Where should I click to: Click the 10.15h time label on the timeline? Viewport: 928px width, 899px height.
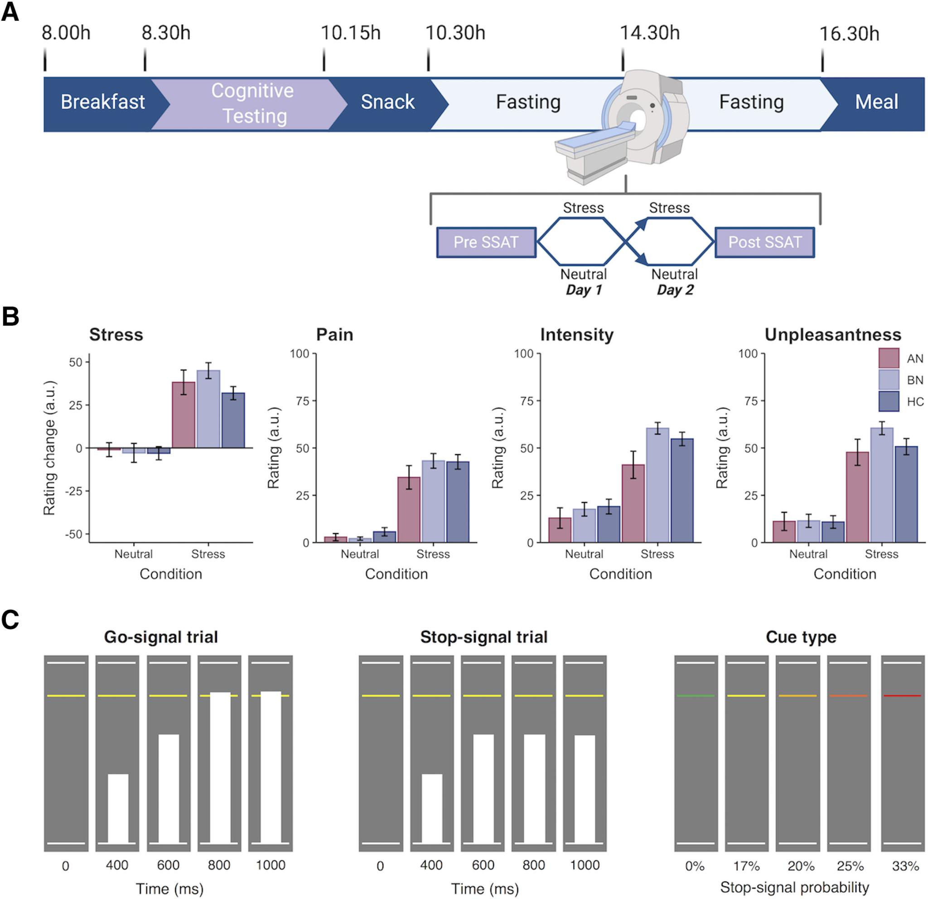(x=350, y=33)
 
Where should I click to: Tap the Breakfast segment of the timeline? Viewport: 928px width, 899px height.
(x=102, y=102)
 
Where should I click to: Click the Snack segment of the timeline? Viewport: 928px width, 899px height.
(x=387, y=102)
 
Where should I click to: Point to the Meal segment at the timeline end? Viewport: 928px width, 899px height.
(x=876, y=102)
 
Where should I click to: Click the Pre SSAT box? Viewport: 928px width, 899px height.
(x=486, y=242)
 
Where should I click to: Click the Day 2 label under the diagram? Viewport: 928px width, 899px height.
(x=675, y=290)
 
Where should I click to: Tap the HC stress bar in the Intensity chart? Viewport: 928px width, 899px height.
(x=682, y=490)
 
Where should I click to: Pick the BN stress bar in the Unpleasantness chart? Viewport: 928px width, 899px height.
(x=882, y=485)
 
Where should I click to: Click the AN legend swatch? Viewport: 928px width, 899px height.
(x=889, y=358)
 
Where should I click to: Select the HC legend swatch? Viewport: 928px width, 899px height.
(x=889, y=401)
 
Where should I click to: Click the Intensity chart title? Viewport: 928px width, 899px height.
(x=577, y=335)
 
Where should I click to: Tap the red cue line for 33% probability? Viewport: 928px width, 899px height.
(x=903, y=696)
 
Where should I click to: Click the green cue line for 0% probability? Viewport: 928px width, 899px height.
(x=696, y=696)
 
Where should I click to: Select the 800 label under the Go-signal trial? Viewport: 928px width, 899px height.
(x=219, y=865)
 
